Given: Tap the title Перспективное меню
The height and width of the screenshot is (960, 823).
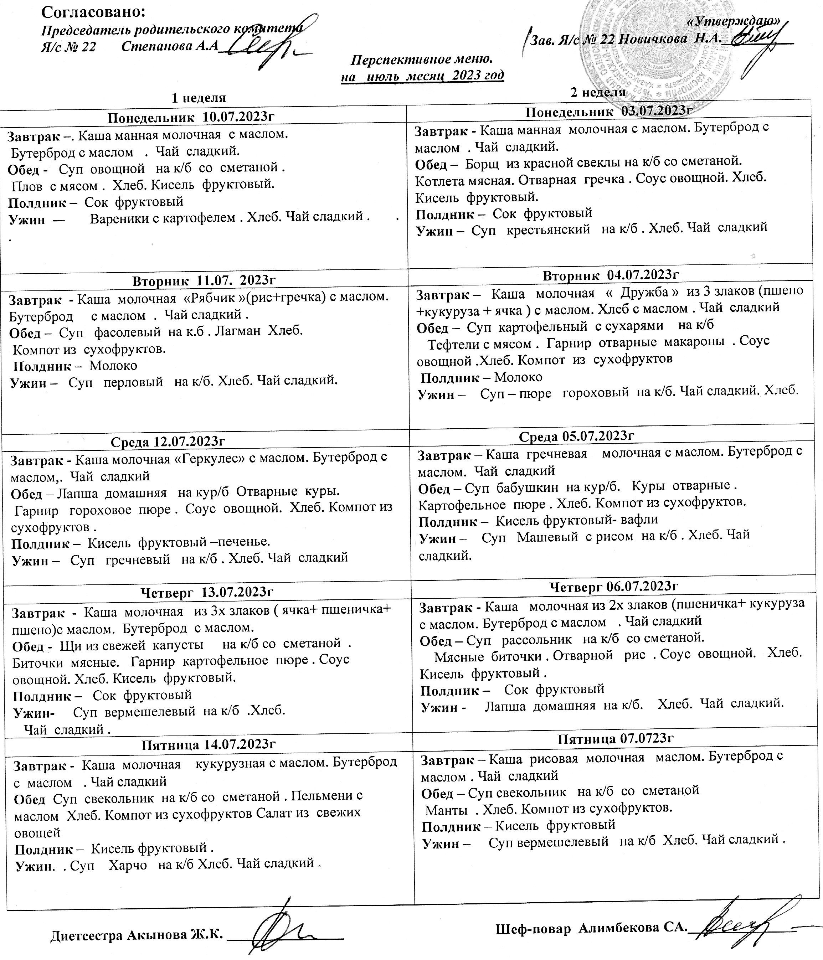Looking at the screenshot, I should click(421, 60).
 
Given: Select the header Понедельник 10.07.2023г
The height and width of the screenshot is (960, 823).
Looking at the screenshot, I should click(191, 117).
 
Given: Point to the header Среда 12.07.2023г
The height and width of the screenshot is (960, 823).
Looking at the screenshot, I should click(168, 442).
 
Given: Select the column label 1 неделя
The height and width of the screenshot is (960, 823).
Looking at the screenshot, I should click(199, 98).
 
